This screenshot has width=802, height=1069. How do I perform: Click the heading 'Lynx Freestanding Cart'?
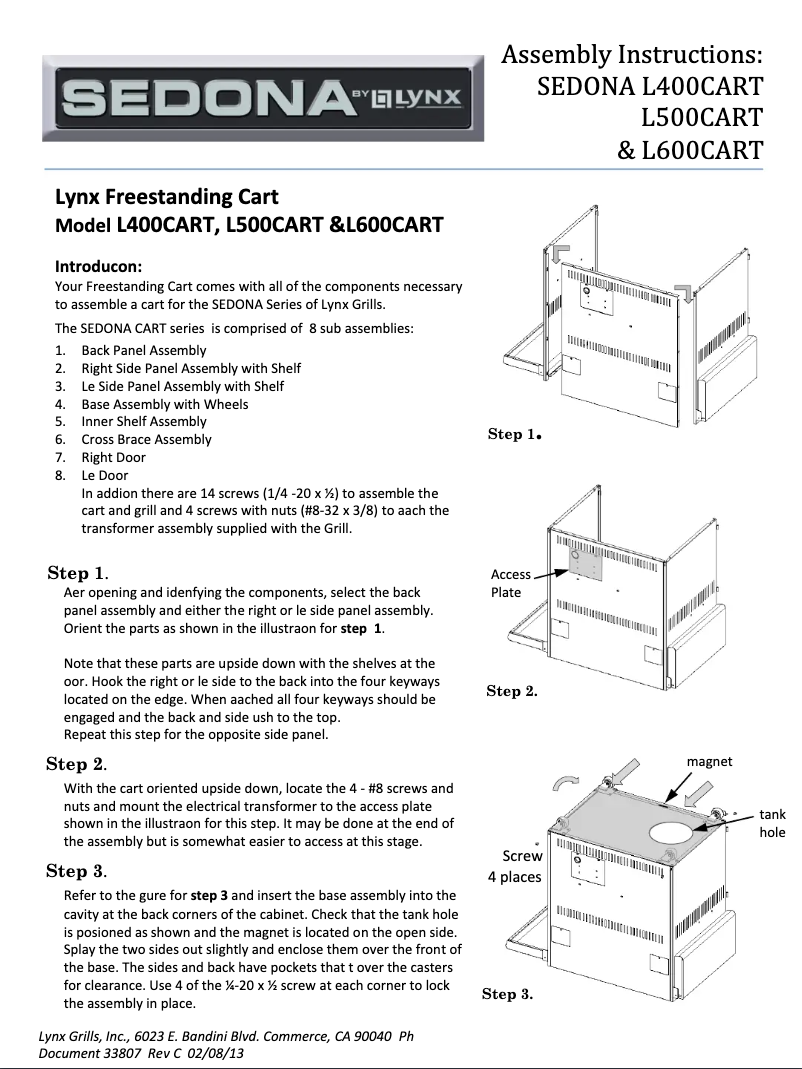point(166,196)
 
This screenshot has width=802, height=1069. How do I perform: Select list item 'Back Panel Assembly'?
point(144,350)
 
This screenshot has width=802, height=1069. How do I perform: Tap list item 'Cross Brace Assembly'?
point(146,439)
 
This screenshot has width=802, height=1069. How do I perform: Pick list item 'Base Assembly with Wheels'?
point(165,404)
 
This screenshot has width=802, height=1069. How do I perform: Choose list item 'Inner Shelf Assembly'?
point(144,421)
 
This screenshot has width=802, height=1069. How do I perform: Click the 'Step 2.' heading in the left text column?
point(77,764)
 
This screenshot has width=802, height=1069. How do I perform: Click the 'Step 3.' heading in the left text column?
point(77,871)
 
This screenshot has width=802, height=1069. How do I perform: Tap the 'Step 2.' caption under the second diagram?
point(512,691)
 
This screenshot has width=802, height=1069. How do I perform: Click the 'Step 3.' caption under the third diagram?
point(507,993)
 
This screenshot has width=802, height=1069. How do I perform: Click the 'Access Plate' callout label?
point(510,583)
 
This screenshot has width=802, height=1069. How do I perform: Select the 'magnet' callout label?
point(709,762)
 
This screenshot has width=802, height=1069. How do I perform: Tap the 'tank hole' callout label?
point(772,824)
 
